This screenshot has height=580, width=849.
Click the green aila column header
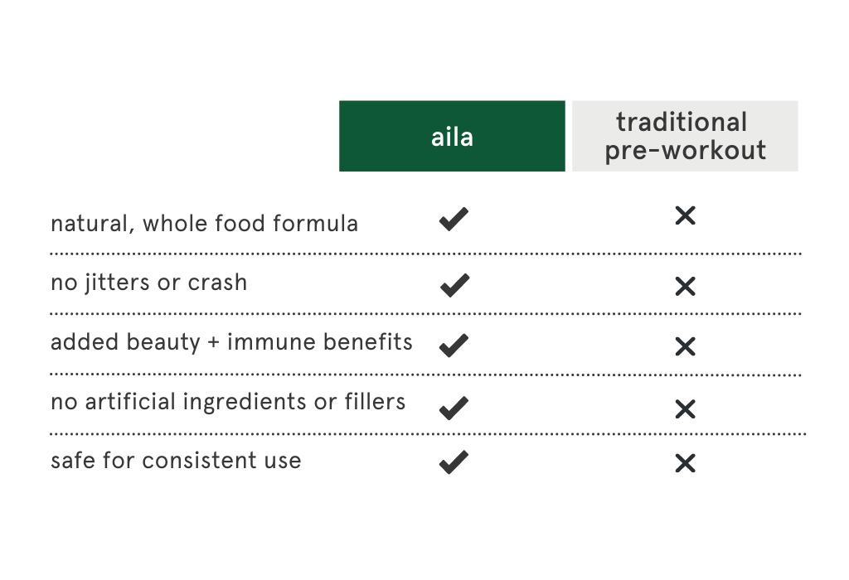(x=452, y=136)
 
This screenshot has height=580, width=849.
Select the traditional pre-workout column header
(x=685, y=136)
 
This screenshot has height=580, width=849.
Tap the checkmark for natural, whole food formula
(x=454, y=219)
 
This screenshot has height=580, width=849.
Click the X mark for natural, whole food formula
(x=686, y=215)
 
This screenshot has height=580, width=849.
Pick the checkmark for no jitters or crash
(x=455, y=285)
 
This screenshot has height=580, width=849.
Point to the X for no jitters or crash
(x=686, y=286)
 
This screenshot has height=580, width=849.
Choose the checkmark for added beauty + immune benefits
(x=454, y=346)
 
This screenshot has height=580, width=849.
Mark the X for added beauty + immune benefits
(x=686, y=346)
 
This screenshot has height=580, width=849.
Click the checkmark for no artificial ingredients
(x=454, y=408)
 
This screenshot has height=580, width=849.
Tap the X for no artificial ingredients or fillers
(x=686, y=409)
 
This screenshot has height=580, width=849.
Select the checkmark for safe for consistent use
(x=454, y=462)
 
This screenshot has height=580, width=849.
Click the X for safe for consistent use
(x=686, y=463)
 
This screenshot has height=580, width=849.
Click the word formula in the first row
(x=315, y=223)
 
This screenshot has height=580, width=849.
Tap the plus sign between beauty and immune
(x=214, y=342)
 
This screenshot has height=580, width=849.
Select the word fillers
(x=375, y=401)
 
